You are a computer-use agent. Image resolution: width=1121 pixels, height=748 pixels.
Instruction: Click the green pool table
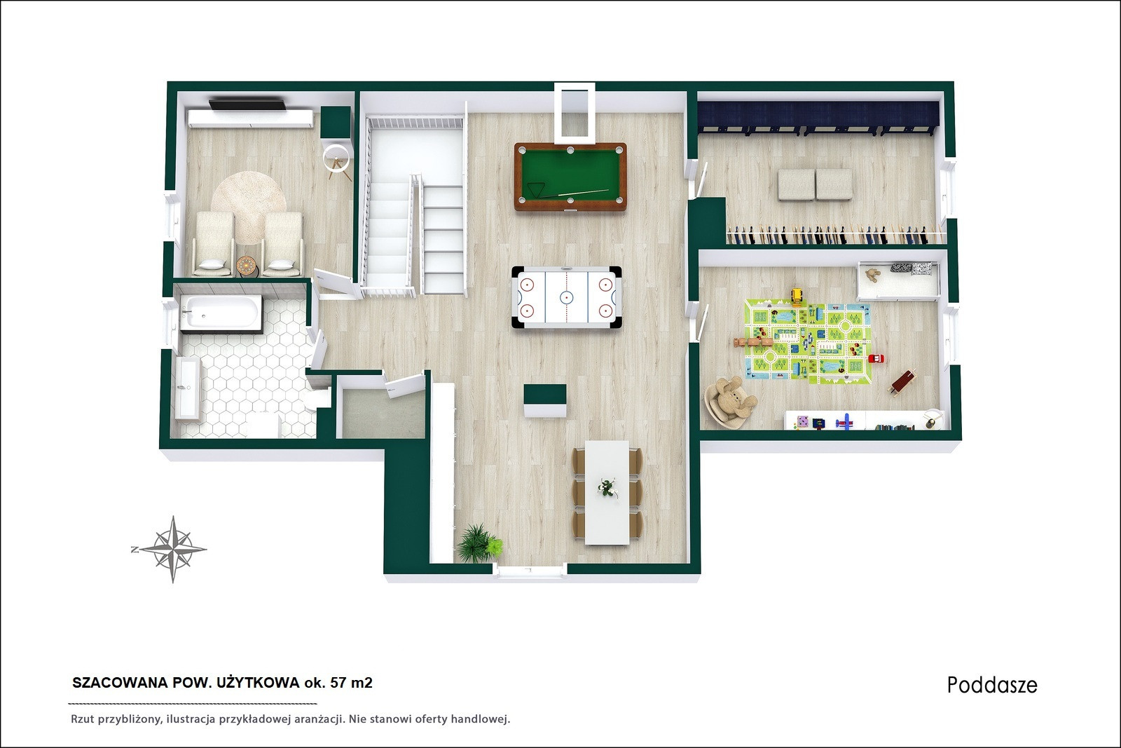coord(570,177)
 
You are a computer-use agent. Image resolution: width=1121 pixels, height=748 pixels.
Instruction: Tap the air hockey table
coord(567,297)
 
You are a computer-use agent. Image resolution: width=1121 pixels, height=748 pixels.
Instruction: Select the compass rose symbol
coord(172,549)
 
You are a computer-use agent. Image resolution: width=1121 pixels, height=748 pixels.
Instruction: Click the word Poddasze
coord(992,685)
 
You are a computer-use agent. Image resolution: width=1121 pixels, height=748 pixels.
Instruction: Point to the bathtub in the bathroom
coord(221,313)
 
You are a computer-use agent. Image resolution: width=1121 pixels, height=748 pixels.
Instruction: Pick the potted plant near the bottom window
coord(479,543)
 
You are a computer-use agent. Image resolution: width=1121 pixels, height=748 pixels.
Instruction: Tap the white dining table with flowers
coord(607,492)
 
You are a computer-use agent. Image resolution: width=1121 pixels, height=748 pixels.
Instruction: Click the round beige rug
coord(249,207)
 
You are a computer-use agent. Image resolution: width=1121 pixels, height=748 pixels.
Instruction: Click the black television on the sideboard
coord(248,104)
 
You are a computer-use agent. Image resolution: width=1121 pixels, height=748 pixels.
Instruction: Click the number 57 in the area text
coord(337,683)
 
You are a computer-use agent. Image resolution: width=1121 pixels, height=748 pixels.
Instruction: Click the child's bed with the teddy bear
coord(898,280)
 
